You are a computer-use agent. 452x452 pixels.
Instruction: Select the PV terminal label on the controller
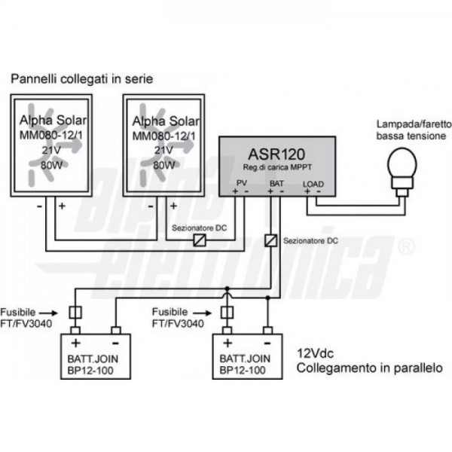pos(241,183)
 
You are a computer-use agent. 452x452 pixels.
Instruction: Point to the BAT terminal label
pos(276,183)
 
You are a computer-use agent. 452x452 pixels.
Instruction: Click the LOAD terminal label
pos(313,183)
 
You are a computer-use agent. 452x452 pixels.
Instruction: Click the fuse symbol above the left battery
pos(75,313)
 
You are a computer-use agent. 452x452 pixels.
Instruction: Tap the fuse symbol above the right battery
pos(228,313)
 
